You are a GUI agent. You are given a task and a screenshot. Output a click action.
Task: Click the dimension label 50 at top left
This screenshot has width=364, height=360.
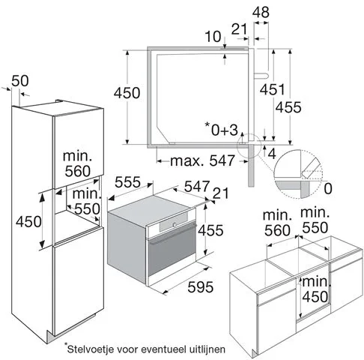pos(22,80)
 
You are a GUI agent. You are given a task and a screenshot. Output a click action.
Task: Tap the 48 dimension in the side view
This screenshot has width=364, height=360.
pos(261,12)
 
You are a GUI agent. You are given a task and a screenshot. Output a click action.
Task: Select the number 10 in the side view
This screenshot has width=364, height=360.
pos(214,37)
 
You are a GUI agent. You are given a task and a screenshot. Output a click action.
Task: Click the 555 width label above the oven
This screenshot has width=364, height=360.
pos(130,182)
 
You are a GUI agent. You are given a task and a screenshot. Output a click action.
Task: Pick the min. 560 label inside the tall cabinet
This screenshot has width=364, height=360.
pos(78,163)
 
